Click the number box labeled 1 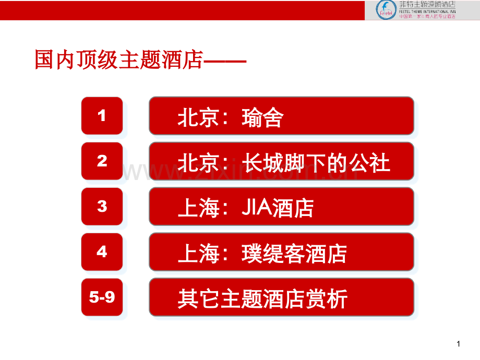click(x=102, y=116)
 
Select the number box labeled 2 click(x=102, y=161)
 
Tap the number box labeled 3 click(x=102, y=207)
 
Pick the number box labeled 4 click(x=102, y=252)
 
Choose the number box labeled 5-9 click(x=102, y=297)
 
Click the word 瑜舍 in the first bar click(x=262, y=118)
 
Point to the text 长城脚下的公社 click(x=316, y=163)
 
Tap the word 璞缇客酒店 click(x=294, y=254)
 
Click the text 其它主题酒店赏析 click(x=262, y=299)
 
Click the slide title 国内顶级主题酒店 click(x=118, y=60)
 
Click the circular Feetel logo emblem click(x=386, y=9)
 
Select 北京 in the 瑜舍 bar click(x=198, y=118)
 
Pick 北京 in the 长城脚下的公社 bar click(x=198, y=163)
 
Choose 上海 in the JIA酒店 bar click(x=198, y=209)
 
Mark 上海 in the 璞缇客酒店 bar click(x=198, y=254)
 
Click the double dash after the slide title click(x=224, y=61)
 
